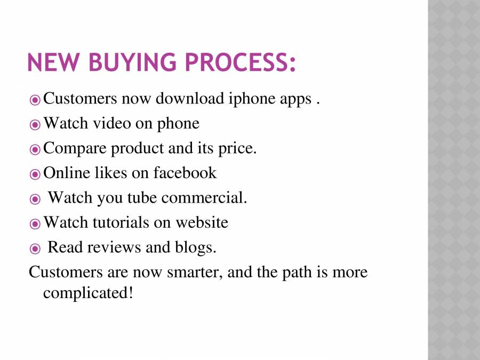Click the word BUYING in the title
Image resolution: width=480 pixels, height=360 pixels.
(x=128, y=63)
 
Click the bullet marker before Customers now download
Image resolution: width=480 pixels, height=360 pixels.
(x=35, y=100)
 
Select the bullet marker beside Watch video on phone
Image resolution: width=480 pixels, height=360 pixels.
(x=35, y=125)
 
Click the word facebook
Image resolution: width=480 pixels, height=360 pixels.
(x=185, y=173)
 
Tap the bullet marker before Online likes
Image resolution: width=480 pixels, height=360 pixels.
(x=35, y=174)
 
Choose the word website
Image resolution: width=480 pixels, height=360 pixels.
(x=202, y=222)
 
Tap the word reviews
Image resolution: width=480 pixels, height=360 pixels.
(x=109, y=247)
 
